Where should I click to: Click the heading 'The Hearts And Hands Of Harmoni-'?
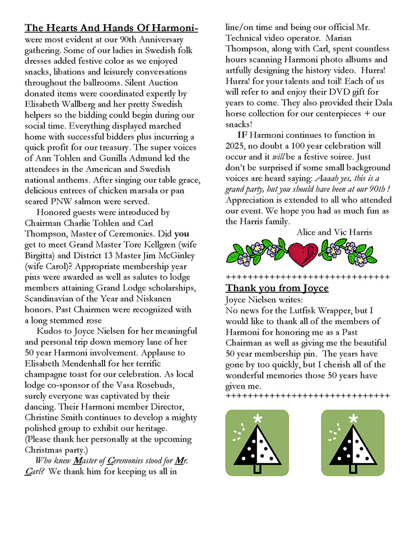[111, 28]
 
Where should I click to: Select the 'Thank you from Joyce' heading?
[277, 288]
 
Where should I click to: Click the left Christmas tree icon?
[257, 443]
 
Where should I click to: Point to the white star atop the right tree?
[353, 419]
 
